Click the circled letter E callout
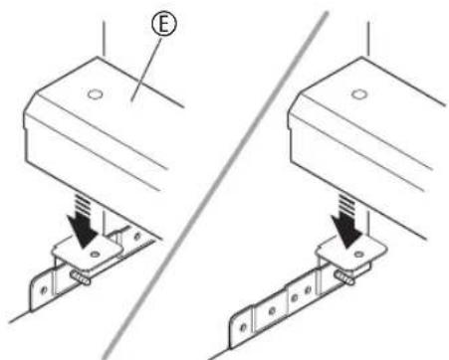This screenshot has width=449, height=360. pyautogui.click(x=164, y=24)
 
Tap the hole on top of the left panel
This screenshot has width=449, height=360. pyautogui.click(x=95, y=94)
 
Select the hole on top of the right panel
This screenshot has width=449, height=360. pyautogui.click(x=359, y=94)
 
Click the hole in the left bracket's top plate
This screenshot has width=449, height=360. pyautogui.click(x=96, y=255)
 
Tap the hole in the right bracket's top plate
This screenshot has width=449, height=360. pyautogui.click(x=358, y=255)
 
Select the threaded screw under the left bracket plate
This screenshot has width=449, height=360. pyautogui.click(x=81, y=277)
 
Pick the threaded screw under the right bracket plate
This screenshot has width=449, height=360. pyautogui.click(x=344, y=277)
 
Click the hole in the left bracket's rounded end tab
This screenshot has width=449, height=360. pyautogui.click(x=44, y=290)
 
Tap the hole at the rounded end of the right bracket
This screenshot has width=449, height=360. pyautogui.click(x=243, y=327)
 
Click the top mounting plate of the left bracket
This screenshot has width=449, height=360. pyautogui.click(x=88, y=253)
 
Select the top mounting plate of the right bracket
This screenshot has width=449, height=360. pyautogui.click(x=351, y=253)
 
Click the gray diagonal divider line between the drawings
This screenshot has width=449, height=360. pyautogui.click(x=216, y=186)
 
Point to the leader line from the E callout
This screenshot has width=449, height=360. pyautogui.click(x=147, y=70)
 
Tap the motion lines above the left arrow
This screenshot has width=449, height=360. pyautogui.click(x=82, y=203)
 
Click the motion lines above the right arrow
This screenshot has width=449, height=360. pyautogui.click(x=346, y=203)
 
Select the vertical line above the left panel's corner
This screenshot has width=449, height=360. pyautogui.click(x=104, y=39)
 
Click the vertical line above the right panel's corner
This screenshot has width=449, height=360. pyautogui.click(x=368, y=39)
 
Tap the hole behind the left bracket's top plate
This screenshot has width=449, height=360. pyautogui.click(x=137, y=236)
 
